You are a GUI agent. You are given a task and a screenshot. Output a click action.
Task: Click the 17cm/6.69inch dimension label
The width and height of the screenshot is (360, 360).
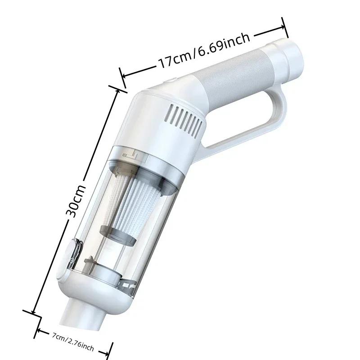click(203, 50)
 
